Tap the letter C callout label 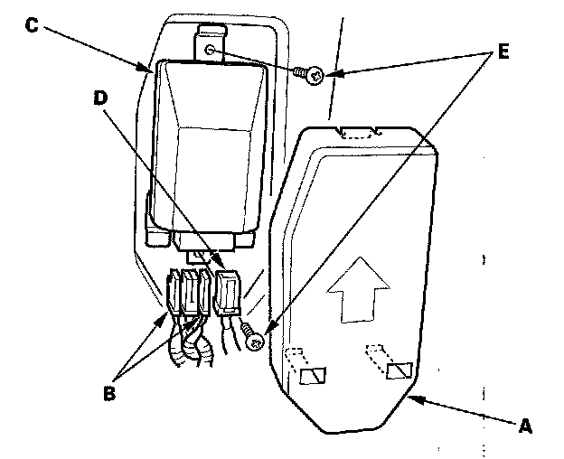click(31, 24)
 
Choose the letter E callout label click(503, 50)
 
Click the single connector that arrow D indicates click(230, 292)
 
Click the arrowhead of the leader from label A click(412, 395)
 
